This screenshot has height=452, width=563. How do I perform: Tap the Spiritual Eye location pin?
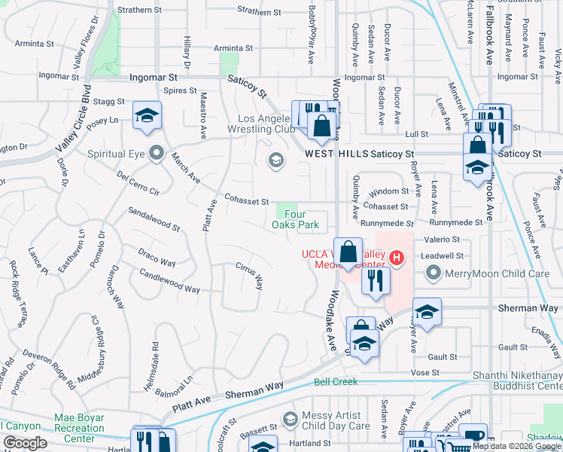click(157, 153)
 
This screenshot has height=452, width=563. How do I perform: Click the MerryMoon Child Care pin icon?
click(432, 273)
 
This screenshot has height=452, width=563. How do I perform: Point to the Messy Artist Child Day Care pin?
click(290, 418)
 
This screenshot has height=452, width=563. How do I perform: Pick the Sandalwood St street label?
click(154, 220)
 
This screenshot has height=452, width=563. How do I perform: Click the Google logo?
click(25, 442)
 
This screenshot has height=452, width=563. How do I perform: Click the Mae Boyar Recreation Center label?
click(79, 423)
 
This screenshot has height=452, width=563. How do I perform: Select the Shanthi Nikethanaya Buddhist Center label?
click(517, 380)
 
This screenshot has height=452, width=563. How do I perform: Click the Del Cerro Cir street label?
click(138, 184)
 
